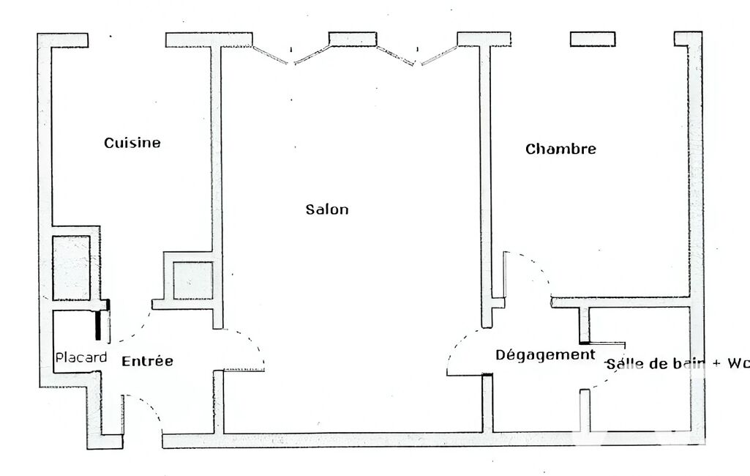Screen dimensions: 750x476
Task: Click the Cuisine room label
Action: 132,143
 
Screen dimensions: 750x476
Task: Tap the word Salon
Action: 327,209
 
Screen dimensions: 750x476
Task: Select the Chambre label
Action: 560,149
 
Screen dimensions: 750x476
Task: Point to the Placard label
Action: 80,357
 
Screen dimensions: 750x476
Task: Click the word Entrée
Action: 147,360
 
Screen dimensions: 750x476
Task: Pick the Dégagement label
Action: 545,355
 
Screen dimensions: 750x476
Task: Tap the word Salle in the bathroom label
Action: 622,364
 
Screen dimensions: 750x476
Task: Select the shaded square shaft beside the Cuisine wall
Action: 192,280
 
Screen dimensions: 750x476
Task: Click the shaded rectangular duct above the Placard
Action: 71,268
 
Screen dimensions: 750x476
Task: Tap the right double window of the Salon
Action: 417,55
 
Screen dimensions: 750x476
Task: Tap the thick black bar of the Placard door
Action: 98,325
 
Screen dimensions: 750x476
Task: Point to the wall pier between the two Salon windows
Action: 353,40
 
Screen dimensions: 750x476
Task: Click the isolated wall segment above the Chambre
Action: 593,40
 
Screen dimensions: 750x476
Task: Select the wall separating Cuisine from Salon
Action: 217,187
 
